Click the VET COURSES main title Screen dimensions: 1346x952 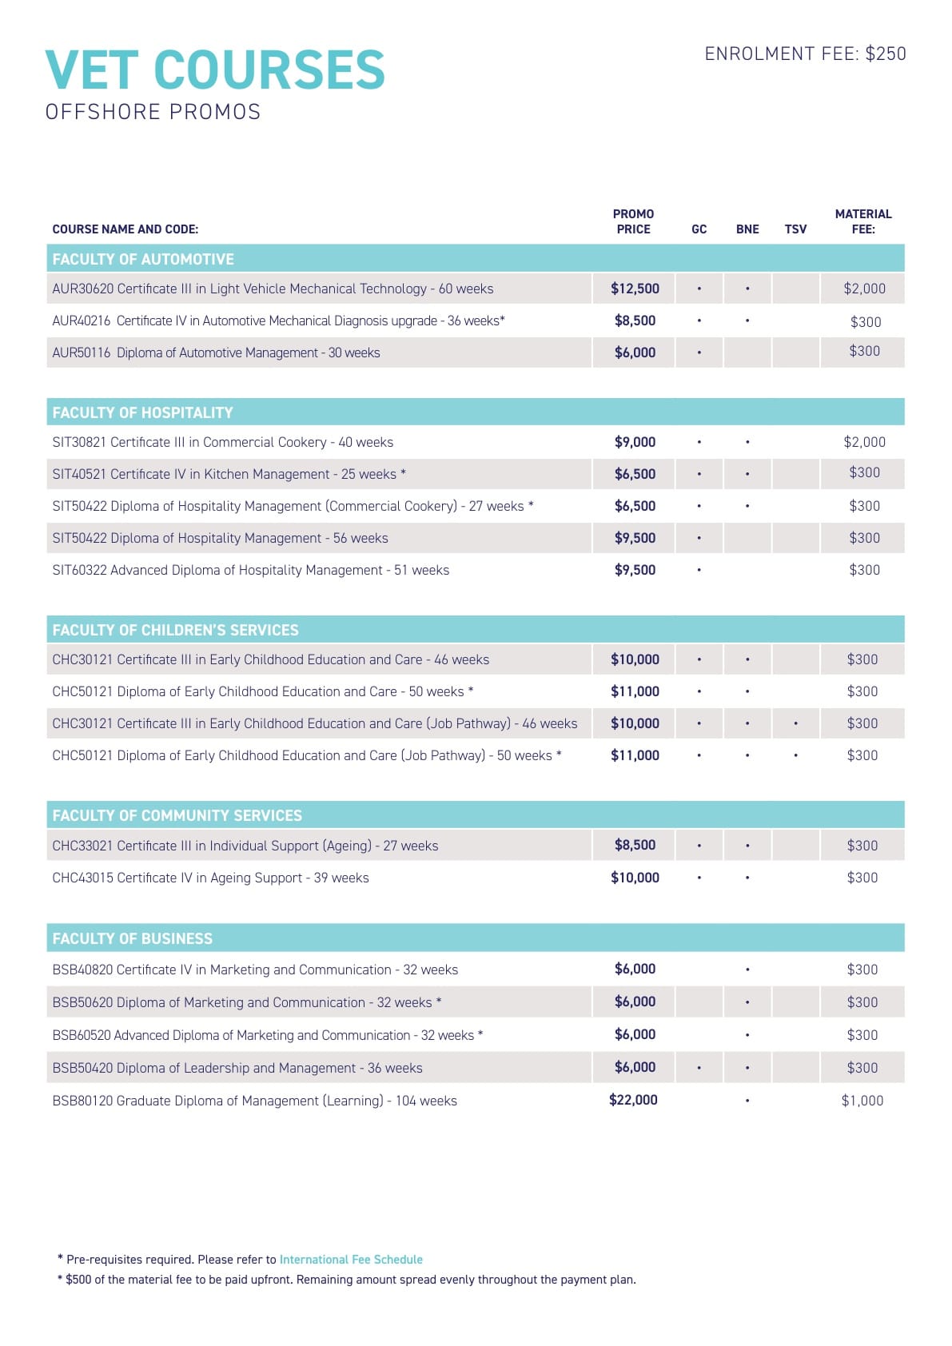(x=215, y=70)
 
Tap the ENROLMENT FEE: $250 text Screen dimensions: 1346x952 (x=805, y=54)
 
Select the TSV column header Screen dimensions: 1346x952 (x=795, y=229)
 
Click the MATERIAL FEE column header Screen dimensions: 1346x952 (x=863, y=221)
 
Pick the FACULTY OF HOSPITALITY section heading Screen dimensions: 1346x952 (x=142, y=412)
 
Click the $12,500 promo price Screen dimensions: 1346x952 (x=635, y=289)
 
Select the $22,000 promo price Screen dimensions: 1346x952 (x=633, y=1100)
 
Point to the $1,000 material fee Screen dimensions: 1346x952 (x=862, y=1101)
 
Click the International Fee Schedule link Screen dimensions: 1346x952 (x=351, y=1259)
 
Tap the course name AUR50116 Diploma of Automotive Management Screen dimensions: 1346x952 (x=216, y=352)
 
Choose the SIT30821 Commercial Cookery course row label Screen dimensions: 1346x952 (x=222, y=442)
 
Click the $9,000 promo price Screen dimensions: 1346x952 (x=635, y=442)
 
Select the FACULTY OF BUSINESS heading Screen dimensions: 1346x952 (x=132, y=938)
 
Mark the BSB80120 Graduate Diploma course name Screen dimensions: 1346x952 (x=254, y=1101)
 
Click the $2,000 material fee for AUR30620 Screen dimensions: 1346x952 (x=864, y=289)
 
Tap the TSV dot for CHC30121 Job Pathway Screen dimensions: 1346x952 (x=795, y=723)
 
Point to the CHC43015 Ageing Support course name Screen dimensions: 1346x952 (x=210, y=878)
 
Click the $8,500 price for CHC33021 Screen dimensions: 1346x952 (x=635, y=845)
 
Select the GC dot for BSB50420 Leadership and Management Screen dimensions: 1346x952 (x=699, y=1068)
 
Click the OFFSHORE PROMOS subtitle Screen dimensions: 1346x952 (x=153, y=112)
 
